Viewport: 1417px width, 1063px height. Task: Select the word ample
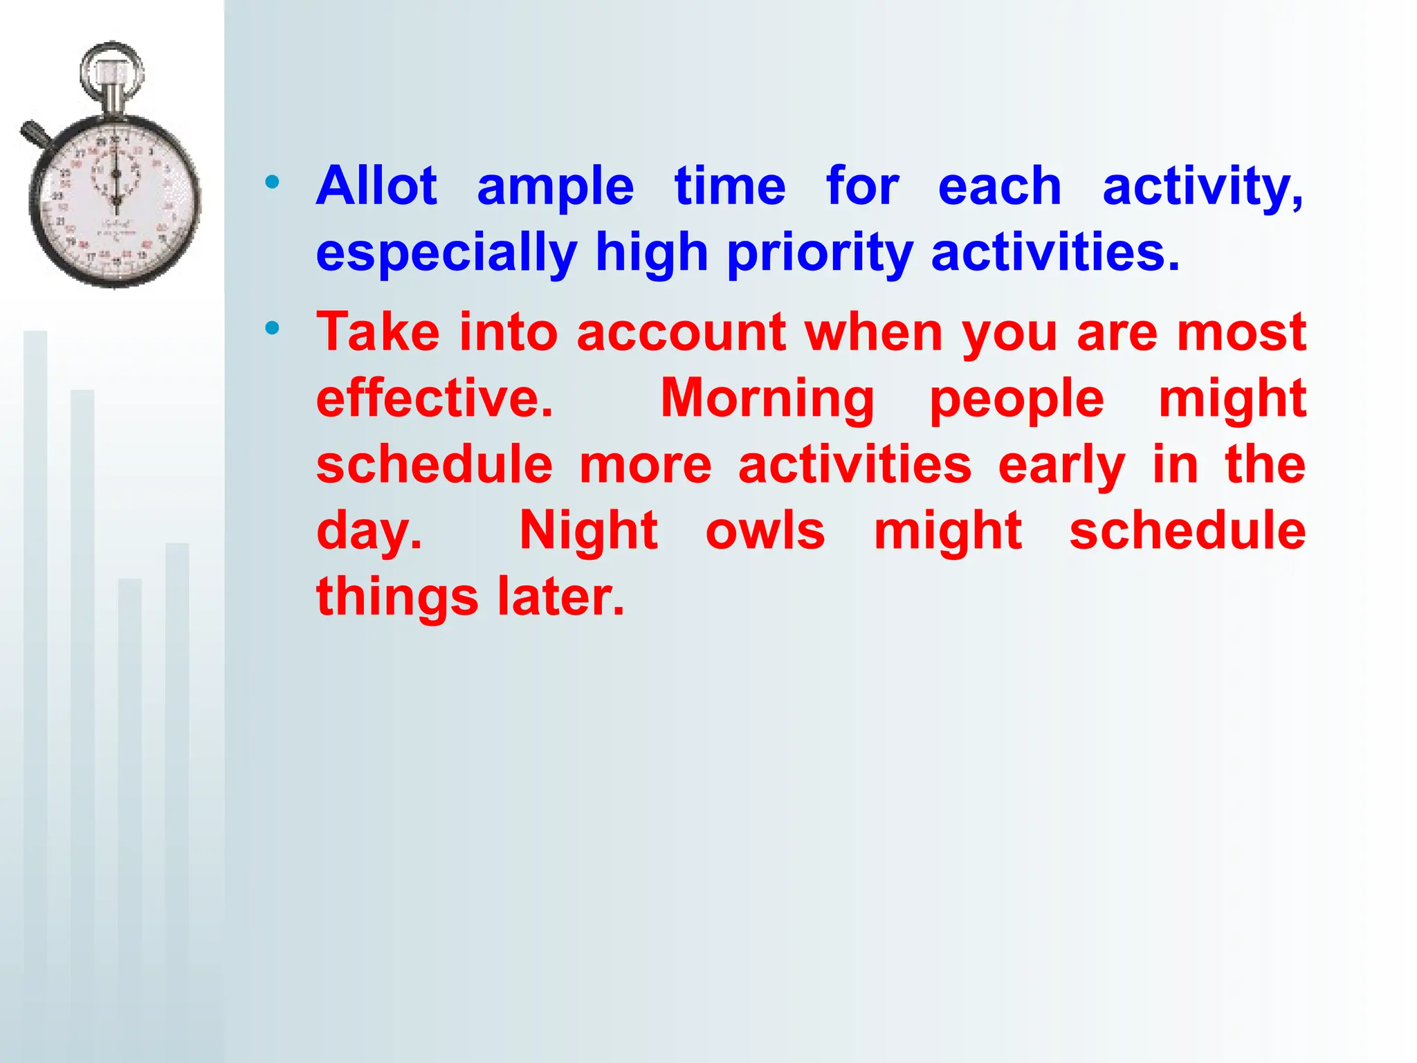555,188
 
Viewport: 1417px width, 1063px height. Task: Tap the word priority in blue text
821,253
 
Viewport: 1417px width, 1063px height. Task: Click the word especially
446,253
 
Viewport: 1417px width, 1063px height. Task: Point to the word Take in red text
378,332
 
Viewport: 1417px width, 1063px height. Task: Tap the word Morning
767,400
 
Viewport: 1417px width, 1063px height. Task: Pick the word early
1061,466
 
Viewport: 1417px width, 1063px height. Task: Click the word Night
588,531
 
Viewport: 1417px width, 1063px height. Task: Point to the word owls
765,531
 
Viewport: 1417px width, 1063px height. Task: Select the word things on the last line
397,598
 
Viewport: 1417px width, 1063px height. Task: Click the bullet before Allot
272,183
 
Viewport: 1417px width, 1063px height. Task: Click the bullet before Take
272,328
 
